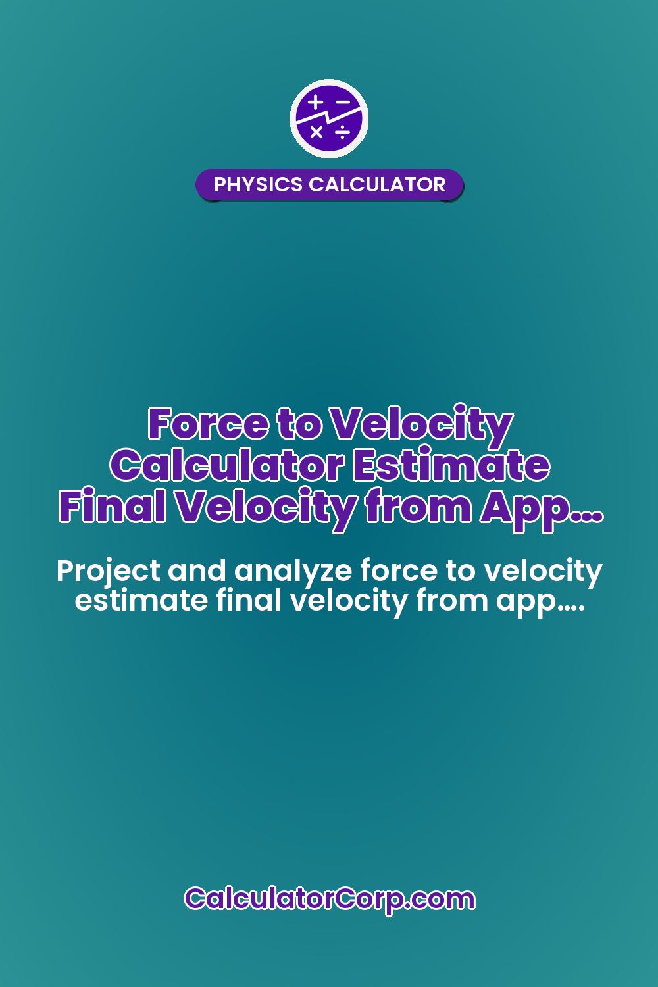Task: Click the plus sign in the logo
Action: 316,103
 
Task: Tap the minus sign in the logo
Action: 342,103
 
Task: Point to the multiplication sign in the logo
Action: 316,132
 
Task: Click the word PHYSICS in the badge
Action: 259,184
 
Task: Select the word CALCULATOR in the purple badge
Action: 377,184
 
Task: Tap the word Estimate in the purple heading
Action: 451,465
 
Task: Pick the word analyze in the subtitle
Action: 294,571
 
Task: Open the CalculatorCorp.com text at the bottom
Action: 329,898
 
